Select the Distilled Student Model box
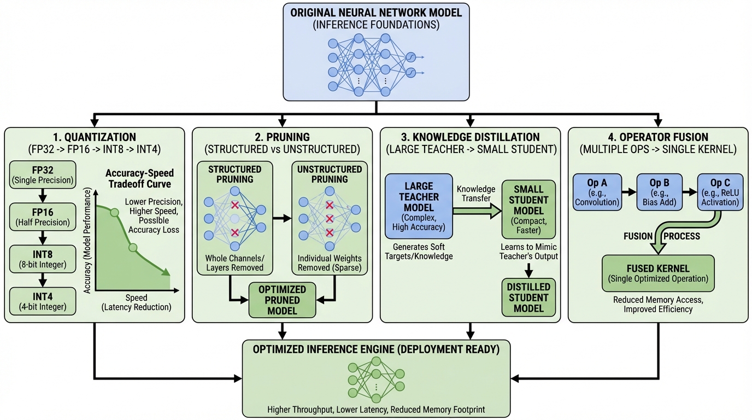point(528,298)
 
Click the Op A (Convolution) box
point(597,193)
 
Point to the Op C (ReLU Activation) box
point(719,193)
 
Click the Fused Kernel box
point(658,273)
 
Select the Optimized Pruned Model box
point(282,300)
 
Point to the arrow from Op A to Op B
point(628,193)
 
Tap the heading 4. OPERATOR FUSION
point(658,137)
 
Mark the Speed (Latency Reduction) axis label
point(136,302)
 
